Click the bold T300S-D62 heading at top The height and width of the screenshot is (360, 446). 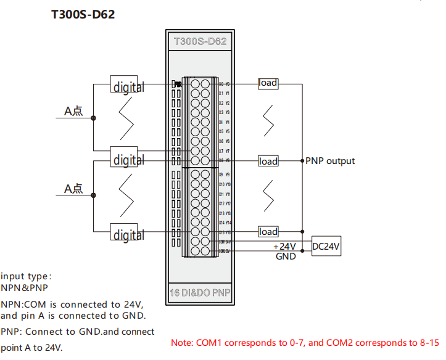(x=83, y=14)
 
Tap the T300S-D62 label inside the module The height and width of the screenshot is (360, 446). (x=200, y=42)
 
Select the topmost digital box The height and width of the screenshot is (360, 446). (x=128, y=86)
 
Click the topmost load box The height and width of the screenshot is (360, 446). (x=268, y=83)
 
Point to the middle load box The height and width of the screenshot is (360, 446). (x=268, y=161)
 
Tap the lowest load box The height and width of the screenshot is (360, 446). (x=268, y=232)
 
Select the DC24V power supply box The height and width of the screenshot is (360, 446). (x=326, y=246)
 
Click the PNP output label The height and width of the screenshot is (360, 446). (x=331, y=161)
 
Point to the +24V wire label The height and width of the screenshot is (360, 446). (x=285, y=246)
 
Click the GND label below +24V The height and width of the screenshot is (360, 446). (x=286, y=256)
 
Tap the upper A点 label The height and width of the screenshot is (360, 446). (x=73, y=112)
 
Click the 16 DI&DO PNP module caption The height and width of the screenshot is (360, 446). (x=200, y=293)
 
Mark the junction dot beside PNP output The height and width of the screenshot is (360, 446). (x=302, y=161)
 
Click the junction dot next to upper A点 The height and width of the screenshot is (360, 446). (x=93, y=117)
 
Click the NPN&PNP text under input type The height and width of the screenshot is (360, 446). (x=24, y=287)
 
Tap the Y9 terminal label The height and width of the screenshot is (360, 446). (x=228, y=174)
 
